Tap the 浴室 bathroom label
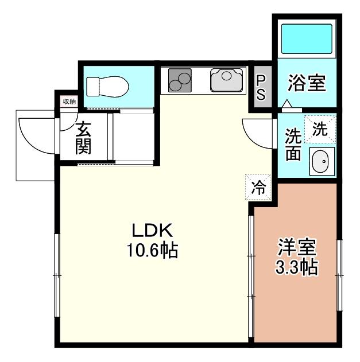coord(307,83)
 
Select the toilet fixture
coord(107,87)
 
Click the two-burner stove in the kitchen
coord(180,80)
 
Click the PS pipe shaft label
coord(261,88)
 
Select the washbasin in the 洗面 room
coord(322,162)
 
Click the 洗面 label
coord(293,145)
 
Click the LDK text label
coord(152,231)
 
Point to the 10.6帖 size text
coord(152,250)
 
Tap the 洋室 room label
coord(297,248)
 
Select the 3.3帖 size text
coord(297,267)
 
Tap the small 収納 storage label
coord(69,102)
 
